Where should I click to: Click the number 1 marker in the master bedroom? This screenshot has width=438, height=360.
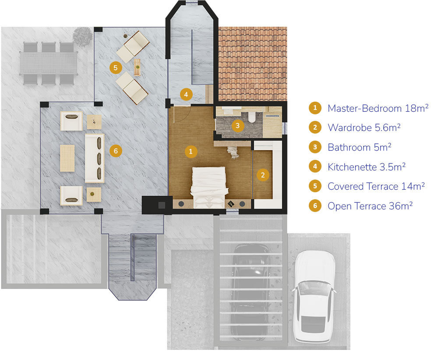coord(191,152)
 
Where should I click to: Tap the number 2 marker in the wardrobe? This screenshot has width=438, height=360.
coord(262,175)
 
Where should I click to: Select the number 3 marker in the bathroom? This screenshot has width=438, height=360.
coord(237,126)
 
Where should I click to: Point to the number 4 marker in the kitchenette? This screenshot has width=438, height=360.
coord(186,95)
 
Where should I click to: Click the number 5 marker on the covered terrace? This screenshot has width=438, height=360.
coord(116,67)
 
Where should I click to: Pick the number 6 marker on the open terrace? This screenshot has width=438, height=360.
coord(116,151)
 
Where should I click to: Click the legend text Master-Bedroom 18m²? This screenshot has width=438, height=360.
coord(378,108)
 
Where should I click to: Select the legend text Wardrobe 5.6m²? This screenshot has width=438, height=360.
coord(364,127)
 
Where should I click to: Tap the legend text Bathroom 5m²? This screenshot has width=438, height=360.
coord(359,147)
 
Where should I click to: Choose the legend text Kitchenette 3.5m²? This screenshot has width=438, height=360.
coord(367,167)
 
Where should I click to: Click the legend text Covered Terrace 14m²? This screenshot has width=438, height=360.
coord(376,186)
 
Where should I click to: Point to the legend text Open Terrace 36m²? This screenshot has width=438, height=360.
coord(370,206)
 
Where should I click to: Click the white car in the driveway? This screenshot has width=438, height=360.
coord(314,296)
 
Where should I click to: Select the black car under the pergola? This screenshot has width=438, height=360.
coord(250,290)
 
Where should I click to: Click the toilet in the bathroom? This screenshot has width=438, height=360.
coord(252,117)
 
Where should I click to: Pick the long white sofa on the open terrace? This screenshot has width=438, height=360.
coord(95,159)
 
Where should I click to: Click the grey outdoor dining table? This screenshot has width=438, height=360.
coord(49,63)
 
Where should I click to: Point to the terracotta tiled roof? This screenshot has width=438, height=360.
coord(253,64)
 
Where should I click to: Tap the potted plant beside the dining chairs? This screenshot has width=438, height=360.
coord(83,36)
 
